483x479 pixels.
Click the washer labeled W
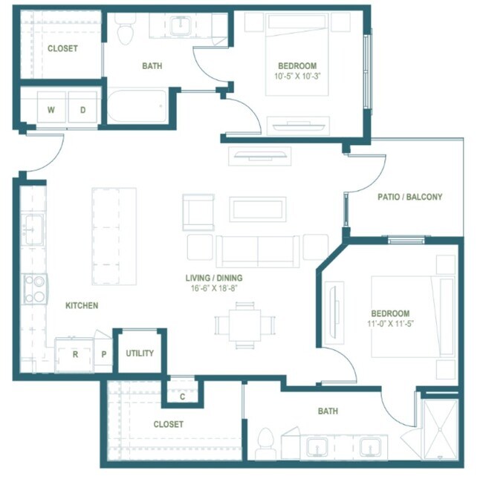click(x=51, y=107)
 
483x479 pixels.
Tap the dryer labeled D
click(x=82, y=107)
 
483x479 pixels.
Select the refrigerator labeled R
click(x=74, y=355)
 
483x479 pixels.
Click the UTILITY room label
click(x=140, y=353)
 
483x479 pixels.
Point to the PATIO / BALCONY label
click(x=409, y=197)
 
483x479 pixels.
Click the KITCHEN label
click(x=82, y=305)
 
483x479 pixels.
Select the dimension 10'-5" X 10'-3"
click(x=297, y=76)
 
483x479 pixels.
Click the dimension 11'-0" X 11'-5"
click(x=390, y=324)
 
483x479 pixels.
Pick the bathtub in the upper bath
click(x=137, y=105)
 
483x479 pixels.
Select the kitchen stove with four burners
click(x=36, y=289)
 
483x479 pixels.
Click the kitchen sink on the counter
click(x=33, y=229)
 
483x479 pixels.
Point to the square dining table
click(x=245, y=325)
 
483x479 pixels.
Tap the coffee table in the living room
click(x=258, y=209)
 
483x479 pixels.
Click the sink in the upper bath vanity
click(x=181, y=26)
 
